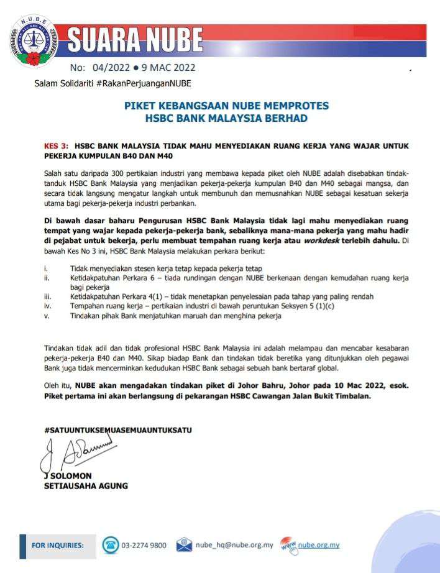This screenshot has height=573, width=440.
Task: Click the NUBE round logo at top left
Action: click(x=33, y=41)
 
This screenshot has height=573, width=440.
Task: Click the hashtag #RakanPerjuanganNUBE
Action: click(x=144, y=83)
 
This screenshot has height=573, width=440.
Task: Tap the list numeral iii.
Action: click(x=48, y=297)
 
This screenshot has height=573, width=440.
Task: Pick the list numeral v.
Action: click(x=47, y=316)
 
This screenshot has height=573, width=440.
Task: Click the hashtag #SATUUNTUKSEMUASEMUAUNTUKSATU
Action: click(x=118, y=429)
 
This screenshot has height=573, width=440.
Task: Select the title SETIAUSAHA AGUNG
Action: click(x=86, y=486)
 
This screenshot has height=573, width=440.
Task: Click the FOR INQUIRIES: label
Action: click(x=57, y=545)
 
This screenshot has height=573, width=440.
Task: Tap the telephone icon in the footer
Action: click(x=110, y=545)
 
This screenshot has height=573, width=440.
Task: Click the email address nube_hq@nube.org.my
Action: click(x=234, y=545)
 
